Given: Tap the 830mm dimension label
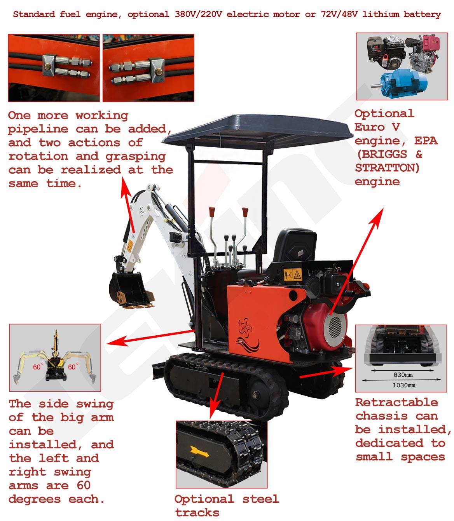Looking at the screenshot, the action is pyautogui.click(x=403, y=375).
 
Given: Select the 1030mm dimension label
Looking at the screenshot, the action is pyautogui.click(x=404, y=385).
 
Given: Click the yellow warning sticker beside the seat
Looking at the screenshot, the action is pyautogui.click(x=293, y=275).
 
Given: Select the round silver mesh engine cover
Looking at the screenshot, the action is pyautogui.click(x=335, y=327).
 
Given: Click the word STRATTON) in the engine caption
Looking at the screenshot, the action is pyautogui.click(x=387, y=168).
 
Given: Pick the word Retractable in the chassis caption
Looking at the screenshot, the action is pyautogui.click(x=396, y=403).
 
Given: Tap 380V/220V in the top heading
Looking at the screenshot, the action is pyautogui.click(x=198, y=14).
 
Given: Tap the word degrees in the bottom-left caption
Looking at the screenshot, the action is pyautogui.click(x=35, y=499).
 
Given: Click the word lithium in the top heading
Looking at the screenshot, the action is pyautogui.click(x=381, y=14).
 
